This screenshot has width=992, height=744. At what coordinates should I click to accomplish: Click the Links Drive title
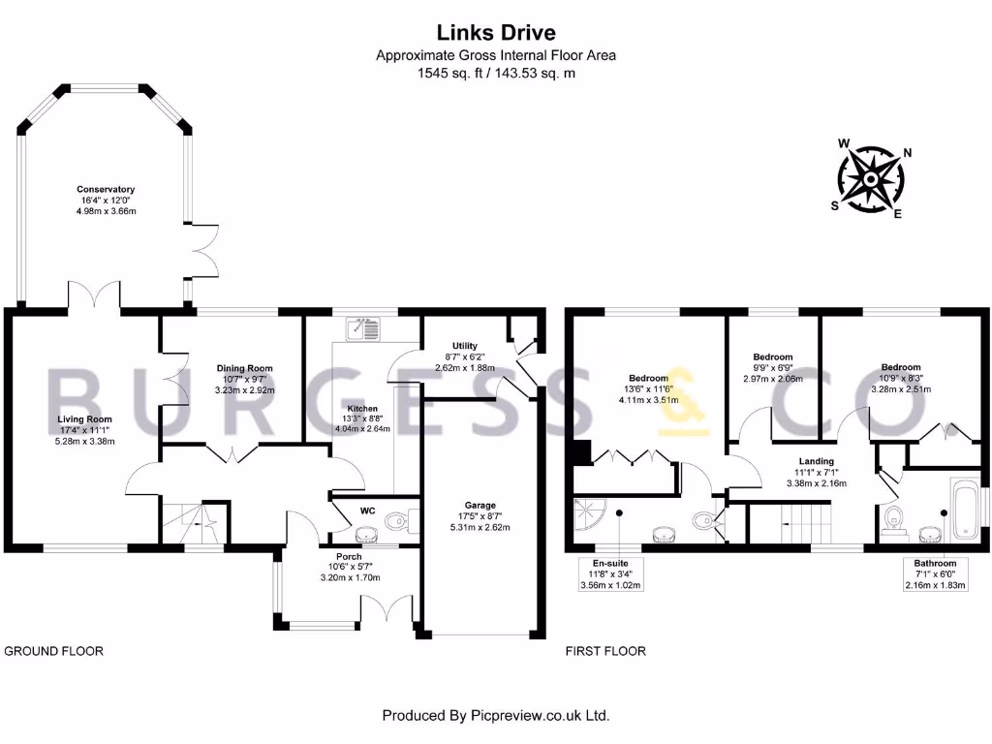point(496,32)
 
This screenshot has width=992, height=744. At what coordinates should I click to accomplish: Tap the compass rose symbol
point(871,179)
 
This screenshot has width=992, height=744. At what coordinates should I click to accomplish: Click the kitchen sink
point(362,328)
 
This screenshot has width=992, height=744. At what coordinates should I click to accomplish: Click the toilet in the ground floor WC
point(398,520)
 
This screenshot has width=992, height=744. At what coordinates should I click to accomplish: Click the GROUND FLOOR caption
point(54,651)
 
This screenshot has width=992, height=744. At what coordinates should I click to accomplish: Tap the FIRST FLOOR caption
point(605,651)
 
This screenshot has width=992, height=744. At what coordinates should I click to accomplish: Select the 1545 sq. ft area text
point(449,73)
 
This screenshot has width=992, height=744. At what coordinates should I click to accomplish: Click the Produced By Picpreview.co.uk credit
point(496,716)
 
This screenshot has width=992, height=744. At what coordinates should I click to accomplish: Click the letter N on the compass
point(907,152)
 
